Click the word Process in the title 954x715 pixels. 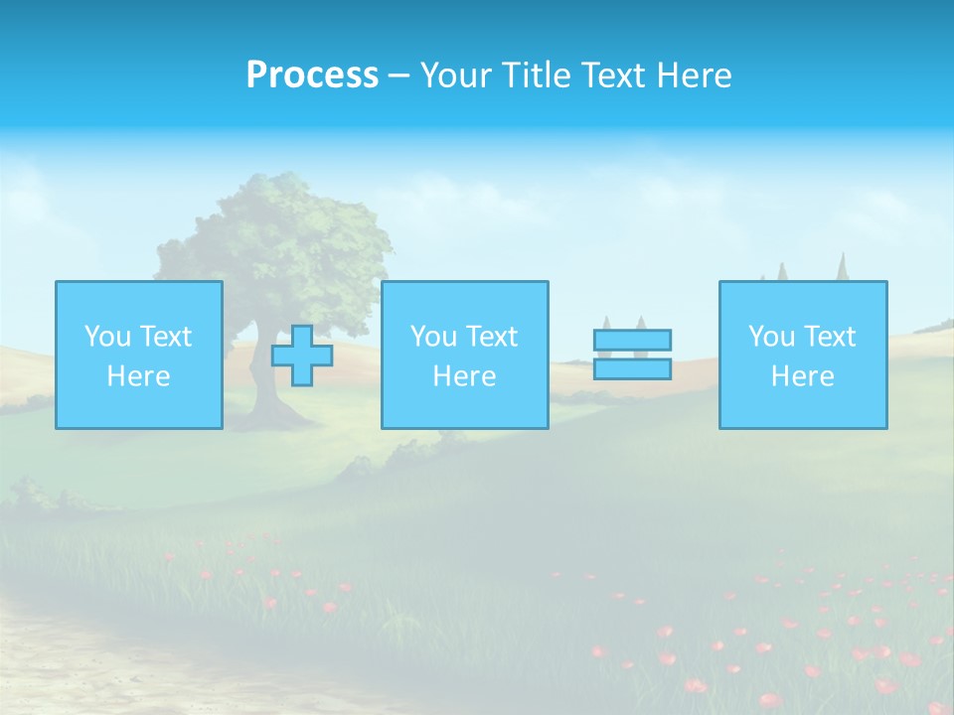click(312, 75)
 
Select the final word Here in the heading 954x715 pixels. click(695, 75)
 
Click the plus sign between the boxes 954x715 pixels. click(302, 356)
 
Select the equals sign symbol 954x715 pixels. click(632, 355)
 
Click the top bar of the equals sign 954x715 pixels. click(632, 341)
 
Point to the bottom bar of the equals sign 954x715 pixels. click(632, 368)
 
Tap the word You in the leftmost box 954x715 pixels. click(105, 337)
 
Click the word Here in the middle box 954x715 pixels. click(464, 376)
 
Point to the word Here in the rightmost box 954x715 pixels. click(803, 376)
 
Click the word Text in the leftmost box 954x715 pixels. click(164, 337)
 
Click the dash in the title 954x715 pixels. click(398, 75)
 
